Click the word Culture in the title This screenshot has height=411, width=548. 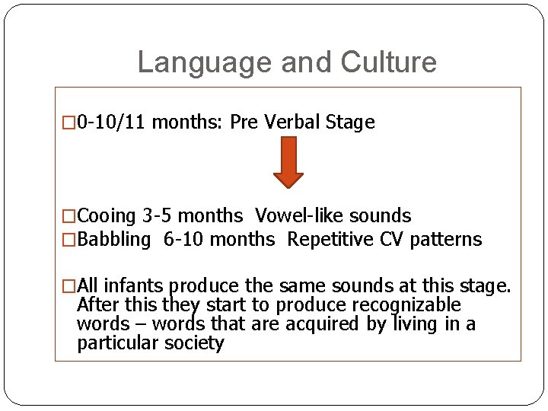(x=389, y=62)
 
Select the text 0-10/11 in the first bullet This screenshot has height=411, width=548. (x=113, y=123)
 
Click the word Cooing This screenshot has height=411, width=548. (x=107, y=216)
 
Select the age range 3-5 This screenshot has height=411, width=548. (x=156, y=216)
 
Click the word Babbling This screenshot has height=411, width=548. (x=115, y=239)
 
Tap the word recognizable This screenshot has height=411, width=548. (x=406, y=305)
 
